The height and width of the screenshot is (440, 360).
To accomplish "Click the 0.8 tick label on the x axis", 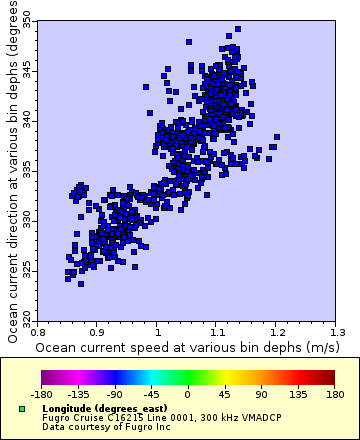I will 37,328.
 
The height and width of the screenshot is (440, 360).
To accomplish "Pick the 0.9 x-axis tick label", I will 97,328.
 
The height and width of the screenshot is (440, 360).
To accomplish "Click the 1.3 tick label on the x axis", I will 337,328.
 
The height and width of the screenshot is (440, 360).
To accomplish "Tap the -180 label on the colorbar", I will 41,393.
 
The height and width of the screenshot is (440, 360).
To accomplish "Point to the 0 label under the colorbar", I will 187,393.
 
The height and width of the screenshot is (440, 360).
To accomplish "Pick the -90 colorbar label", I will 115,393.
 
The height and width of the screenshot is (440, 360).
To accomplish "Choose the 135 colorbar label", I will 296,393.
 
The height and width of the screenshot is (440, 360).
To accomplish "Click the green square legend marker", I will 22,409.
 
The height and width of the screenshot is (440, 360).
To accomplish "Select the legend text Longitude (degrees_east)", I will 94,409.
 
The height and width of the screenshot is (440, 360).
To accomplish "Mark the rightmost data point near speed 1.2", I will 277,137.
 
